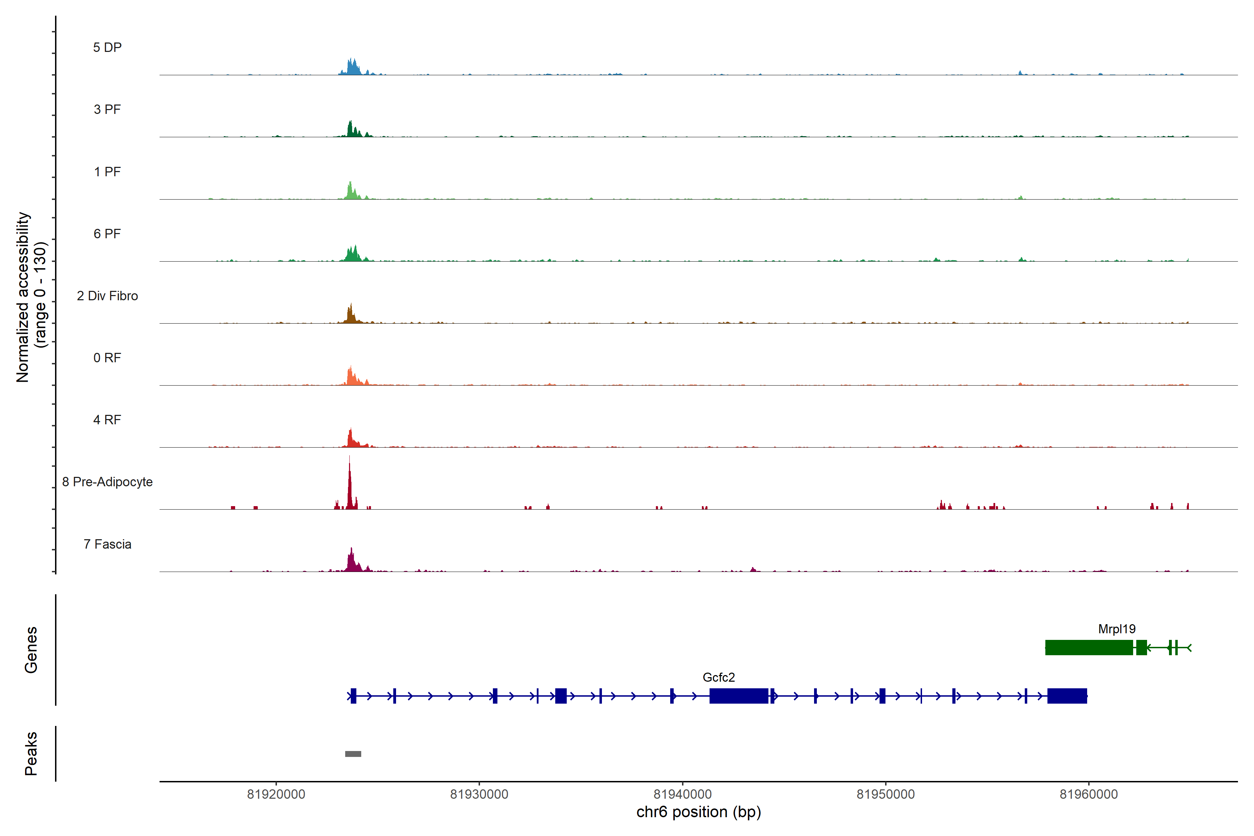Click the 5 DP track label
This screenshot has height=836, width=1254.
pyautogui.click(x=107, y=47)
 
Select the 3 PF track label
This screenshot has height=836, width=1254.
pyautogui.click(x=107, y=109)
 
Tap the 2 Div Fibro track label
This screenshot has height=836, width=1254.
pyautogui.click(x=107, y=296)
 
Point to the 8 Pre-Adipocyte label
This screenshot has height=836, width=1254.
pyautogui.click(x=107, y=482)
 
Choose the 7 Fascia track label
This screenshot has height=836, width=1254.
pyautogui.click(x=107, y=544)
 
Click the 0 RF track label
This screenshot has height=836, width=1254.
pyautogui.click(x=107, y=358)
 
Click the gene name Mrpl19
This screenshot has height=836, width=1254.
pyautogui.click(x=1116, y=629)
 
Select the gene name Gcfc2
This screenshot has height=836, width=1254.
pyautogui.click(x=719, y=678)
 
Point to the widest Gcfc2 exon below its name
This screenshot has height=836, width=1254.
pyautogui.click(x=738, y=696)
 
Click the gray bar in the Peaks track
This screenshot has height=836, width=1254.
pyautogui.click(x=353, y=754)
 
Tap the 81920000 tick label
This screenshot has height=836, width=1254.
pyautogui.click(x=276, y=795)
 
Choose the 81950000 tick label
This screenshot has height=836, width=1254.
pyautogui.click(x=885, y=795)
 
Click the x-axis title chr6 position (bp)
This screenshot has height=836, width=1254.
pyautogui.click(x=698, y=812)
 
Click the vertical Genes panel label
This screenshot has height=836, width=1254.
pyautogui.click(x=31, y=650)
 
